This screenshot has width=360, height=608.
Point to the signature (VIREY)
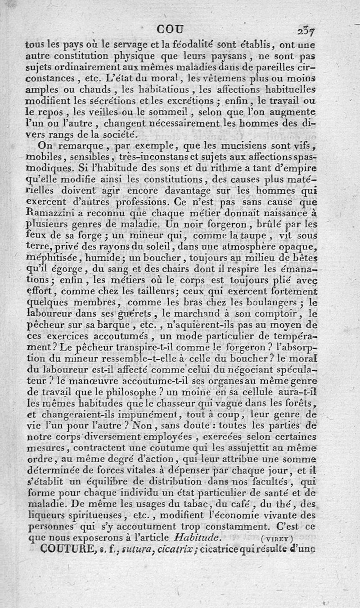pos(277,537)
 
